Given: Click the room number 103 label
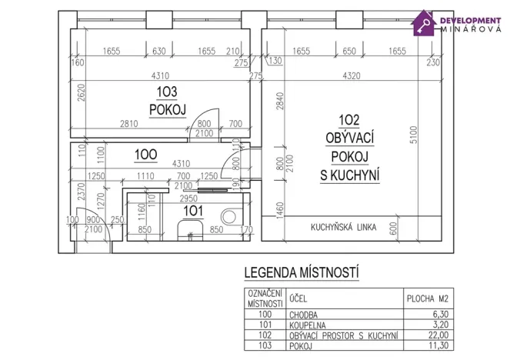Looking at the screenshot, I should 168,92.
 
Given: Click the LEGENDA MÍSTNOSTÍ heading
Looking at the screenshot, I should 300,272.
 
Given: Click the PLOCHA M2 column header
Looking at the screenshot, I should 428,298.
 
